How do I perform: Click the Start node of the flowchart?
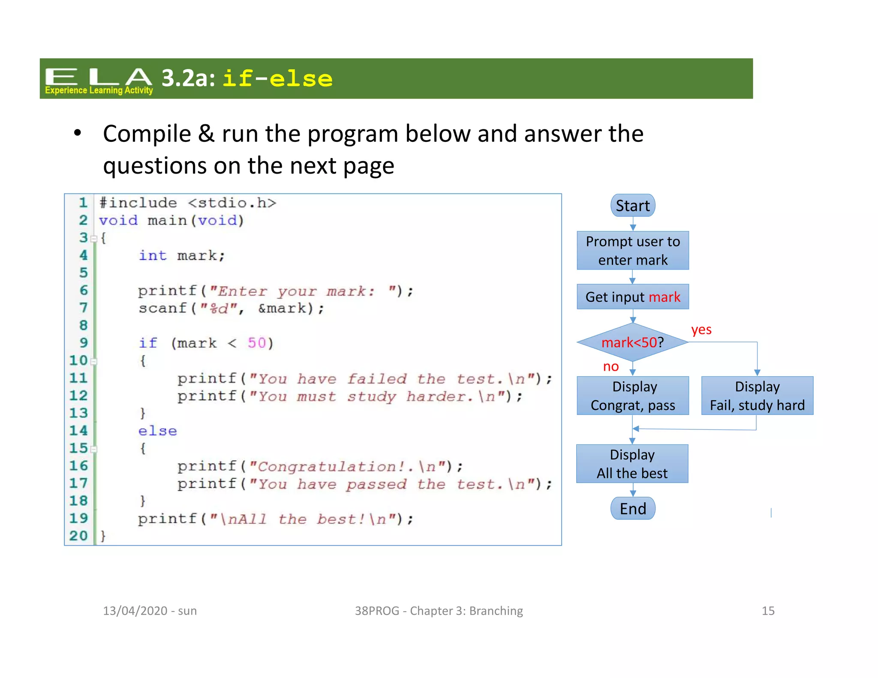coord(632,206)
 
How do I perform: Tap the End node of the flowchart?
coord(632,508)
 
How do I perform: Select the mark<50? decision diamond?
coord(632,342)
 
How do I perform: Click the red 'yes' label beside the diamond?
coord(701,330)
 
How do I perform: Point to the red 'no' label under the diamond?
coord(610,366)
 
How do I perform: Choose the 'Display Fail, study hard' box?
coord(757,396)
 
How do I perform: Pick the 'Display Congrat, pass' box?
coord(632,396)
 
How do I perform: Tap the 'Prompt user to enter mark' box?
coord(632,250)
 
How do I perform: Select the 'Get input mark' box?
coord(632,297)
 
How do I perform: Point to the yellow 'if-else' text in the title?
coord(277,79)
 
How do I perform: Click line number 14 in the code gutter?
coord(78,430)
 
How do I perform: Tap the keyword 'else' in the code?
coord(157,431)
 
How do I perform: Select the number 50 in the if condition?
coord(256,343)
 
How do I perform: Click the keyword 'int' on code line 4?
coord(152,255)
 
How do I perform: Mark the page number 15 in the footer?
coord(767,610)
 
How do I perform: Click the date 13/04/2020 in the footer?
coord(135,610)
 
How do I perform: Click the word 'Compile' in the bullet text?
coord(147,134)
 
